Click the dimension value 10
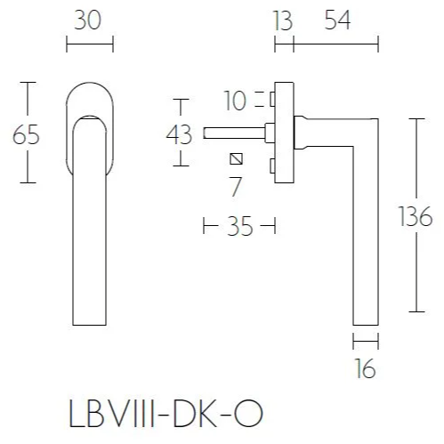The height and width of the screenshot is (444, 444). [x=235, y=101]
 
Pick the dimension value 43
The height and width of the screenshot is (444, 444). [x=179, y=135]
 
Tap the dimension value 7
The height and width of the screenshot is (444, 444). [x=236, y=187]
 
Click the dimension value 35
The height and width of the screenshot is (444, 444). [x=239, y=227]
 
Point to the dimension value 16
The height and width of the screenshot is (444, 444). [x=366, y=367]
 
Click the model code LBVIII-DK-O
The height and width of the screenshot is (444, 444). [x=166, y=415]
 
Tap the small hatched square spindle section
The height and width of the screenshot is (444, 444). [x=236, y=160]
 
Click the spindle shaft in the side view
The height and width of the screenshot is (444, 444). [x=233, y=134]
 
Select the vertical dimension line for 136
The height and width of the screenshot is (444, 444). [x=415, y=160]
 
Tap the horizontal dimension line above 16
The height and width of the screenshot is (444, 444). [x=366, y=339]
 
